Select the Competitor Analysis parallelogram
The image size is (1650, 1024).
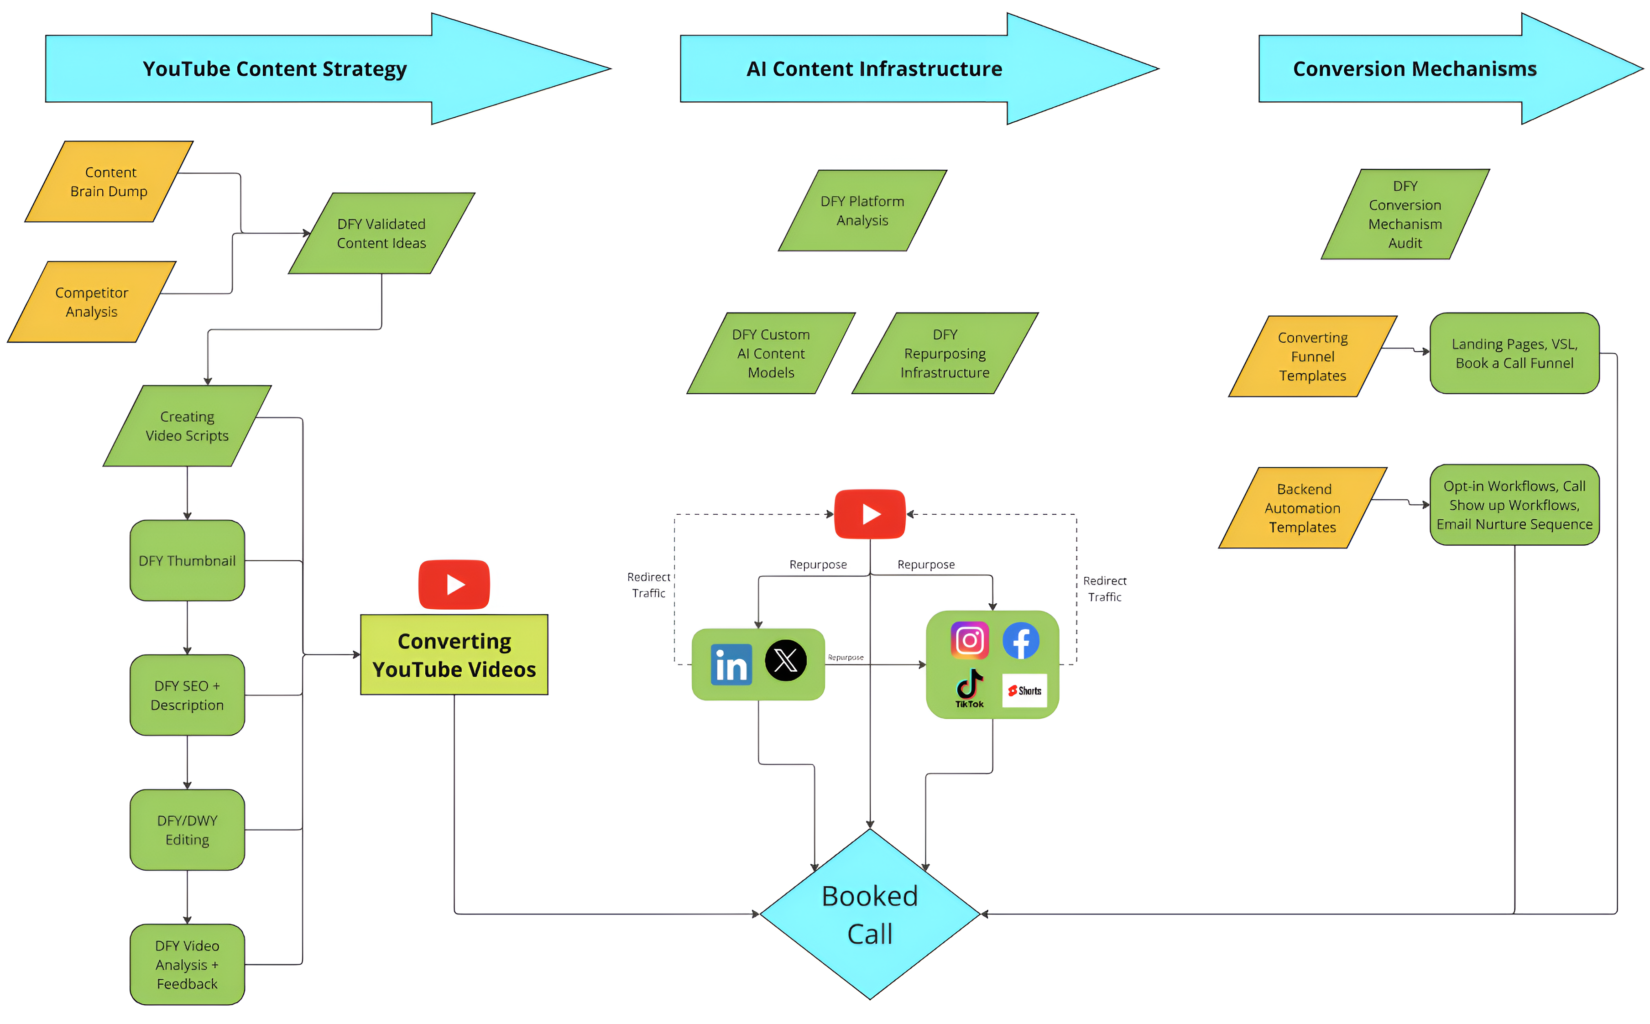click(91, 302)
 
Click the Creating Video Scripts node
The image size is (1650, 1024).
click(187, 426)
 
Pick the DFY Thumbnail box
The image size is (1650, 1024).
click(187, 561)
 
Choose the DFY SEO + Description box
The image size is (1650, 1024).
click(187, 695)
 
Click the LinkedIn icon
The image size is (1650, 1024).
click(731, 664)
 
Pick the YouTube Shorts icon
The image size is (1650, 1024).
click(1024, 691)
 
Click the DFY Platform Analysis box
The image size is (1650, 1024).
click(862, 211)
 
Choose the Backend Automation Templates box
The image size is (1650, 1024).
click(1303, 508)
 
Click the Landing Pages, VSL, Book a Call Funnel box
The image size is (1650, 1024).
click(1514, 354)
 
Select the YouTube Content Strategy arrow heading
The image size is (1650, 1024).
click(329, 68)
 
